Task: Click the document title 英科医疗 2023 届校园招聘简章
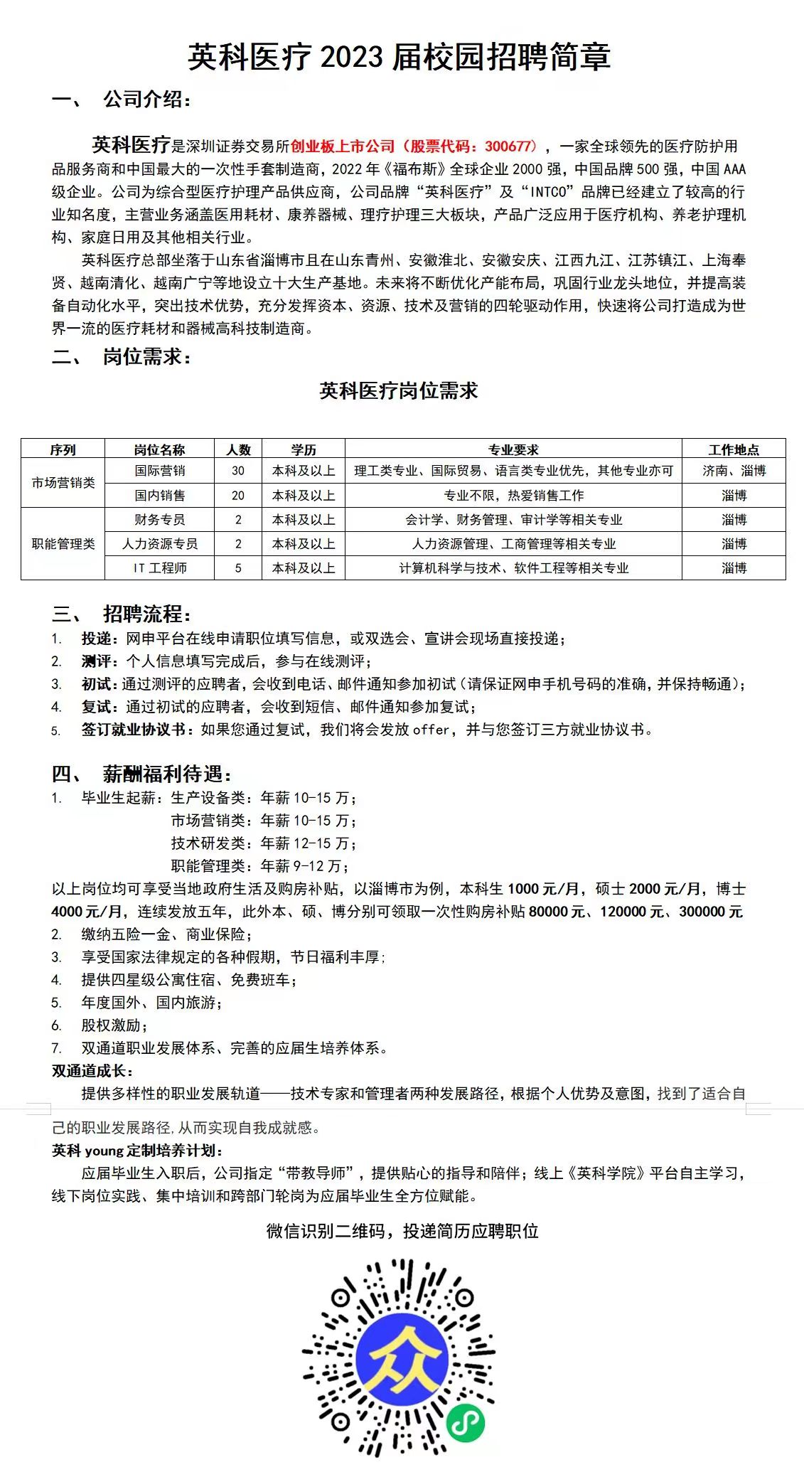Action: tap(399, 57)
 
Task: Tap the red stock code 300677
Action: tap(509, 146)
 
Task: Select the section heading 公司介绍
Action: tap(146, 100)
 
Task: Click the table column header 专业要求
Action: tap(513, 449)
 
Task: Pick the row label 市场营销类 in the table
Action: tap(63, 483)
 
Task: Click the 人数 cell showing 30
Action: tap(238, 471)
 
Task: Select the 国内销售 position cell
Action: tap(160, 496)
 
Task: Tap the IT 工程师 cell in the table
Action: tap(160, 568)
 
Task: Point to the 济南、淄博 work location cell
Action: tap(734, 471)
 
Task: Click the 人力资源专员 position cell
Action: tap(160, 544)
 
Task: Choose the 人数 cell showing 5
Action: tap(238, 568)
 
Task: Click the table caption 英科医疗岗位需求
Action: tap(399, 390)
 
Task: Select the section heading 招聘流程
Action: tap(146, 614)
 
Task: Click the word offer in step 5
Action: tap(432, 730)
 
